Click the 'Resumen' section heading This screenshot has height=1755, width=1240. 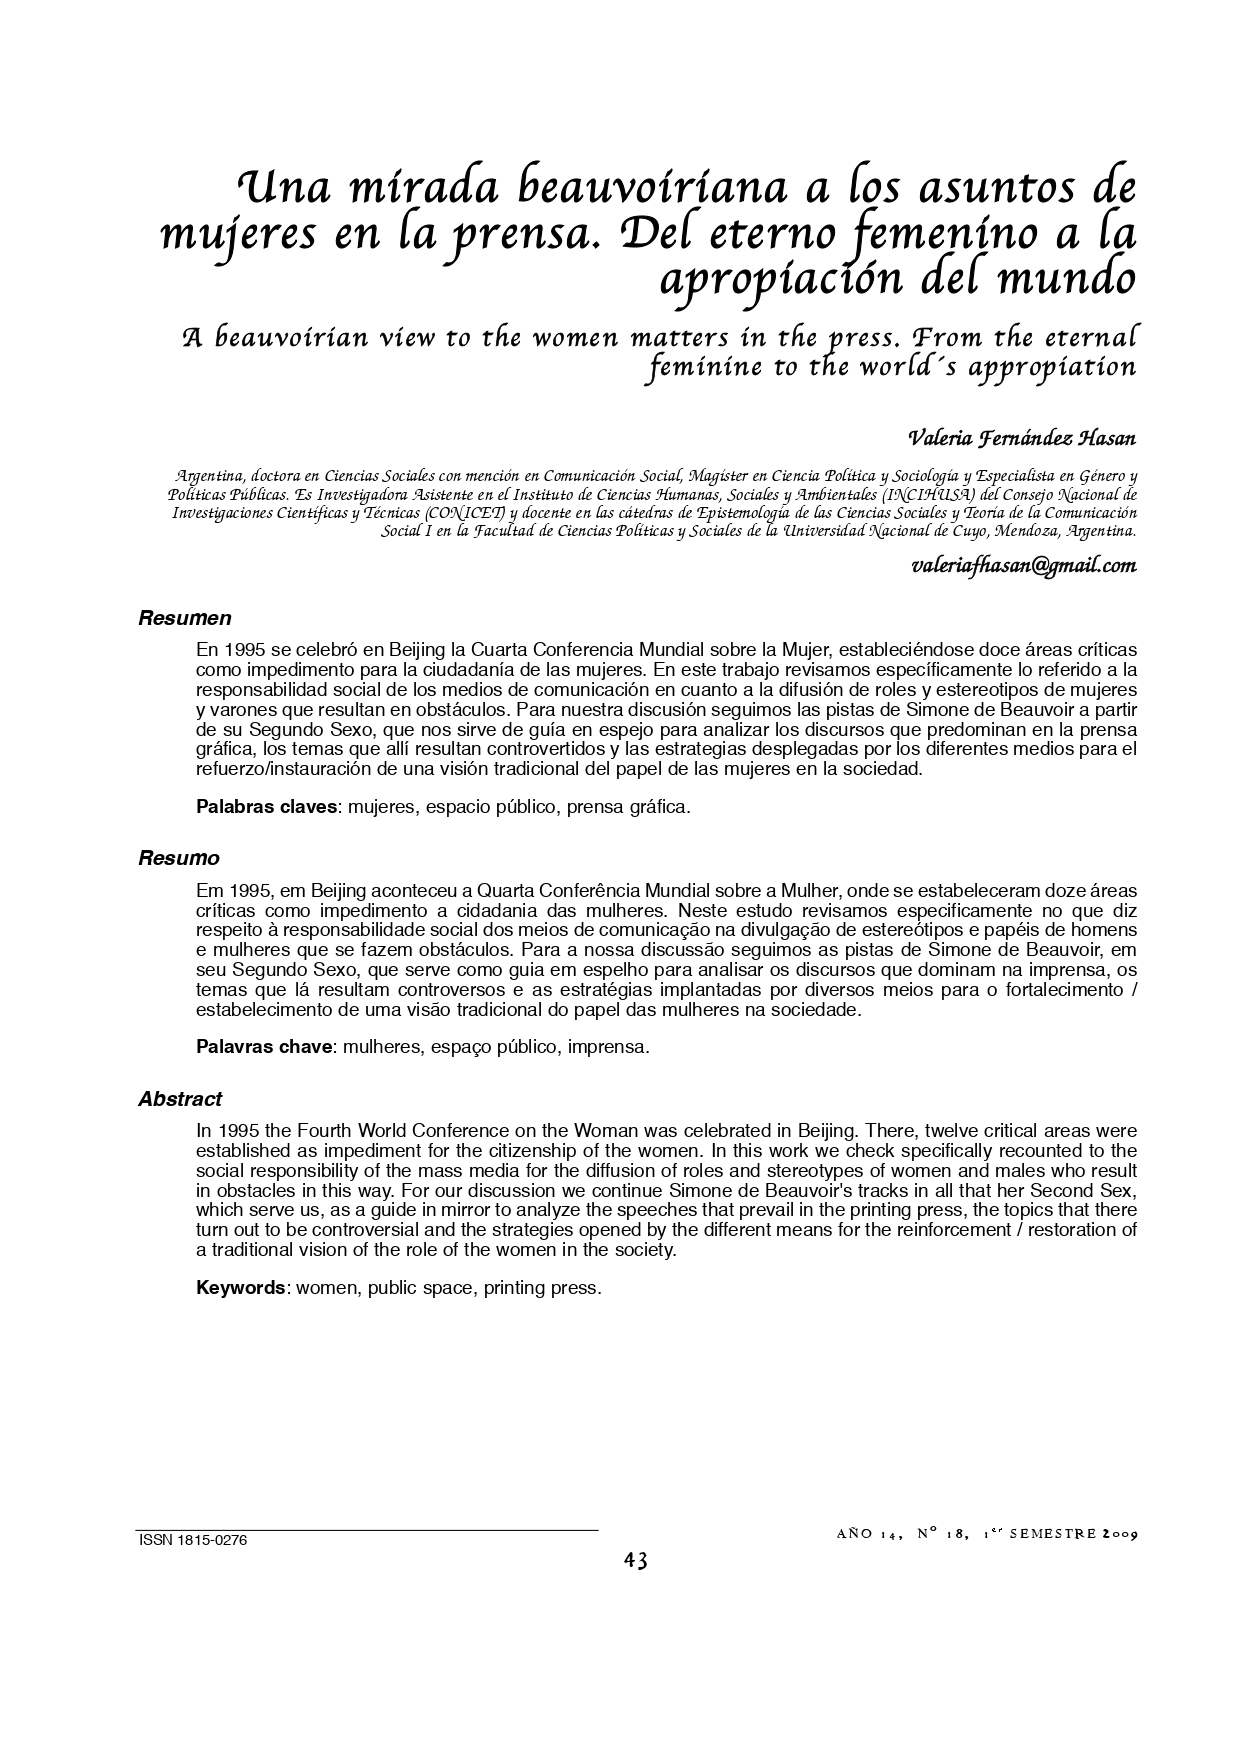tap(184, 618)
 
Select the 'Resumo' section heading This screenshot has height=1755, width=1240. tap(178, 858)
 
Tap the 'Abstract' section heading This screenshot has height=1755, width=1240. tap(180, 1099)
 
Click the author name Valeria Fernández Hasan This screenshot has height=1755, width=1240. tap(1021, 439)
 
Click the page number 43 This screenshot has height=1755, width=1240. tap(636, 1561)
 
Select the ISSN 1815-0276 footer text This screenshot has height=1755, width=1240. tap(192, 1540)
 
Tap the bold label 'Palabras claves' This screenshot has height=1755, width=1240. tap(266, 807)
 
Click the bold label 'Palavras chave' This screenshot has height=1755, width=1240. tap(264, 1047)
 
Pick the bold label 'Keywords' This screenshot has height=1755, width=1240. tap(241, 1288)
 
